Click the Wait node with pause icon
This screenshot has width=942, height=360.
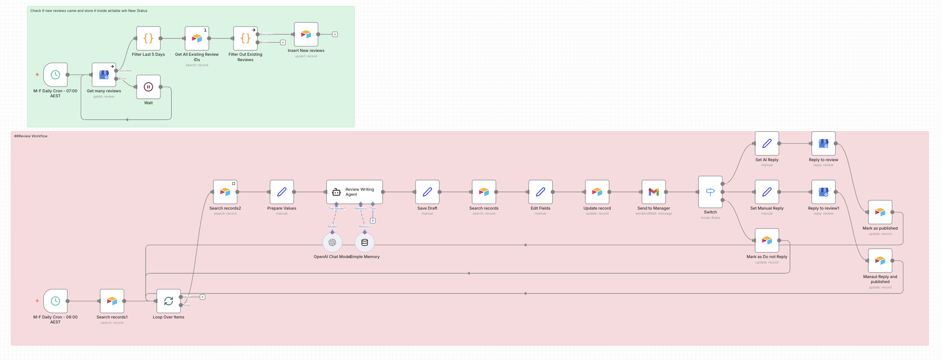click(148, 87)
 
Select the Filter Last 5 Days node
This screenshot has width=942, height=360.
click(148, 38)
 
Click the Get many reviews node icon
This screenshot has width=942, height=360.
click(104, 75)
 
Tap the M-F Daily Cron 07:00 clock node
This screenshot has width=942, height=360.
click(55, 75)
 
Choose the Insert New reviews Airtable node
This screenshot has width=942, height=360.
click(306, 35)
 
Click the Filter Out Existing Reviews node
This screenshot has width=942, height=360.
click(245, 38)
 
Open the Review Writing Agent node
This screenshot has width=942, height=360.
click(354, 192)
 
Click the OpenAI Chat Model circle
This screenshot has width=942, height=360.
click(332, 242)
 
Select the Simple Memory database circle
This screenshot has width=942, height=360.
click(364, 242)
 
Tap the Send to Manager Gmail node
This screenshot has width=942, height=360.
click(653, 192)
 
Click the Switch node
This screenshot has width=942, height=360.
click(710, 192)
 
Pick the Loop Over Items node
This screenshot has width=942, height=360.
click(169, 301)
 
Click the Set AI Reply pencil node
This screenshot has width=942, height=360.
click(767, 143)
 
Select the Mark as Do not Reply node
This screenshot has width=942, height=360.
click(767, 240)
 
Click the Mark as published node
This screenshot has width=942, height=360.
click(880, 212)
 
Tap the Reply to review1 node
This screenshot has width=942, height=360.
click(823, 192)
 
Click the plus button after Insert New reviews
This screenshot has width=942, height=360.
click(335, 35)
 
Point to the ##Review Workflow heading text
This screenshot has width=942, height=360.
click(31, 136)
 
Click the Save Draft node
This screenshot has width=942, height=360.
click(427, 192)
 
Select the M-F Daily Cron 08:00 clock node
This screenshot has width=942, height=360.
click(55, 301)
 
